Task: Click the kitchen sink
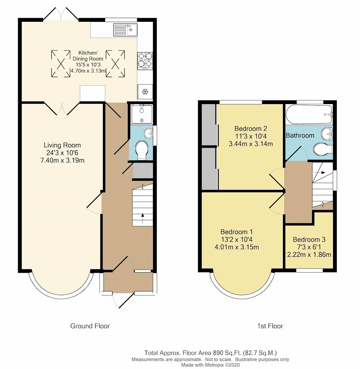click(x=125, y=30)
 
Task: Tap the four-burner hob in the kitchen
click(x=145, y=61)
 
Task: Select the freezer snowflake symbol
click(x=145, y=92)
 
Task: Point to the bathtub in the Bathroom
click(x=309, y=114)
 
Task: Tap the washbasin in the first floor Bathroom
click(x=327, y=134)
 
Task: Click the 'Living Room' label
click(x=62, y=145)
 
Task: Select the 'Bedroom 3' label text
click(x=309, y=239)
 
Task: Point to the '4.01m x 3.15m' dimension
click(x=237, y=247)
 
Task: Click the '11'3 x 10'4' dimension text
click(x=250, y=136)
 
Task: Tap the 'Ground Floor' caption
click(x=90, y=326)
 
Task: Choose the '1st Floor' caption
click(x=270, y=326)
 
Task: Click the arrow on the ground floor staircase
click(x=142, y=218)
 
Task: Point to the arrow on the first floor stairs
click(x=320, y=172)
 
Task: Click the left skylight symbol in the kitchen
click(x=61, y=63)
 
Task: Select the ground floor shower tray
click(x=142, y=114)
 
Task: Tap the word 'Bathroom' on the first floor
click(x=300, y=135)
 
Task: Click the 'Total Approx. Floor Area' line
click(x=210, y=353)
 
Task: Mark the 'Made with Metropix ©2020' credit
click(x=210, y=365)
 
